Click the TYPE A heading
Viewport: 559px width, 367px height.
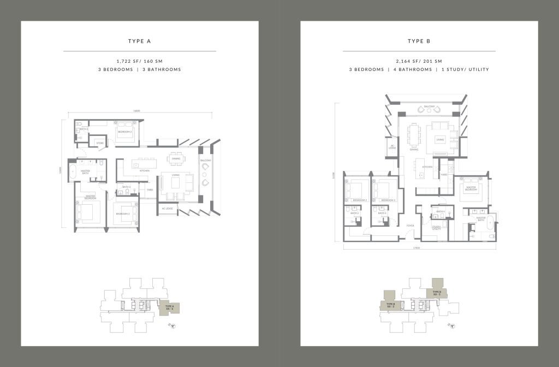[x=140, y=41]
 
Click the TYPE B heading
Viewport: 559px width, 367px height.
[x=419, y=41]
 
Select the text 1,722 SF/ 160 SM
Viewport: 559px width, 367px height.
[x=140, y=61]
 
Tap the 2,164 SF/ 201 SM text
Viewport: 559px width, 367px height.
[x=419, y=61]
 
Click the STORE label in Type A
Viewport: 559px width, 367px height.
[x=100, y=143]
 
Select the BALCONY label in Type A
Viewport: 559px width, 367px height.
[x=205, y=161]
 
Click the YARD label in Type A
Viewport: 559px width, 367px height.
[x=149, y=190]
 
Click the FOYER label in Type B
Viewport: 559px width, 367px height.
[x=409, y=225]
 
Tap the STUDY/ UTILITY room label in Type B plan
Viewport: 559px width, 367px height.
[x=437, y=228]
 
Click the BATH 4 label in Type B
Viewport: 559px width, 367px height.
[x=441, y=211]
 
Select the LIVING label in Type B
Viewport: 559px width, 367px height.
[x=440, y=140]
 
